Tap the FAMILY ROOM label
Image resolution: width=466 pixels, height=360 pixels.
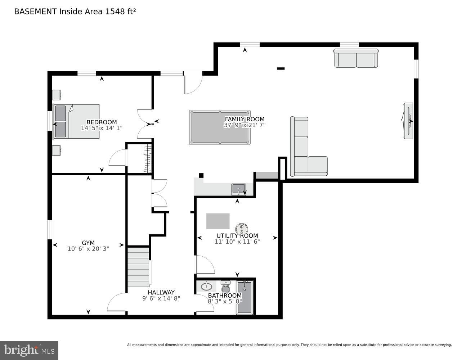[245, 119]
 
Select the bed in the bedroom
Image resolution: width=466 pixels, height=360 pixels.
[76, 121]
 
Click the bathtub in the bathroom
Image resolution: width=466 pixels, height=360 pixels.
[245, 297]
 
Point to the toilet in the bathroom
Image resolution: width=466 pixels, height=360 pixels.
[226, 288]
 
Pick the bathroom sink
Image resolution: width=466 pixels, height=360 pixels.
[207, 287]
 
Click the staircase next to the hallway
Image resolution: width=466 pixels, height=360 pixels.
[139, 267]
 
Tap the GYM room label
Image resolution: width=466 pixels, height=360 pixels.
[88, 243]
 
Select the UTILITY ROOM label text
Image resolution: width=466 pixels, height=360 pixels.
[237, 236]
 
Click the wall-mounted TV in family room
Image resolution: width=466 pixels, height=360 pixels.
[408, 121]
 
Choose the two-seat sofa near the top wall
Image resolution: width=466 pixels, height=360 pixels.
[356, 58]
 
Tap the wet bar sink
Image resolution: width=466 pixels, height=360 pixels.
[238, 189]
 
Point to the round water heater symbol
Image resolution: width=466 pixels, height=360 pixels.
[242, 229]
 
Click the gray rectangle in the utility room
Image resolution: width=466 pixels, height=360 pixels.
[218, 221]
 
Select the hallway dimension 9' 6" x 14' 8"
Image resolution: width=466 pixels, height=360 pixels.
[161, 298]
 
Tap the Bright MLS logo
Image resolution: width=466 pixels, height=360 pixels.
[29, 350]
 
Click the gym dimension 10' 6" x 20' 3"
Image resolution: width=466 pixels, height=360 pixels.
[88, 248]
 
